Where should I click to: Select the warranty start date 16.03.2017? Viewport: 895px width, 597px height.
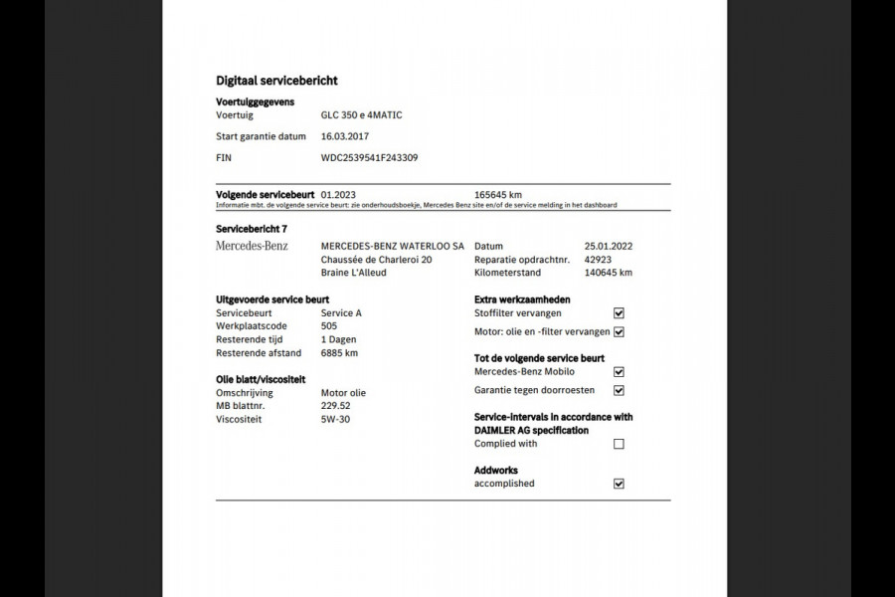(x=344, y=136)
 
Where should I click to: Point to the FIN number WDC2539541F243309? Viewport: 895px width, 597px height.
(x=369, y=157)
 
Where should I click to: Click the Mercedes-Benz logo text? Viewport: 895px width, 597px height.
(x=252, y=246)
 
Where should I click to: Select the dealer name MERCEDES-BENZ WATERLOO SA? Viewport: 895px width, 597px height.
(x=393, y=246)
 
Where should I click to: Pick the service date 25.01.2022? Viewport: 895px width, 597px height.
(x=608, y=246)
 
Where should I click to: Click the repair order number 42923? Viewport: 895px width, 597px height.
(x=597, y=260)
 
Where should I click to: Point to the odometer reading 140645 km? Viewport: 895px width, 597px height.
(x=609, y=273)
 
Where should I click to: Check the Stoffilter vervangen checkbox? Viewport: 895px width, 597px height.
(x=619, y=313)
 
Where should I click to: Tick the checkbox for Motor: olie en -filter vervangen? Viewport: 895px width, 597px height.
(x=619, y=332)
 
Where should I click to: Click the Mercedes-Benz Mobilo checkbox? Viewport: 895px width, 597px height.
(x=619, y=372)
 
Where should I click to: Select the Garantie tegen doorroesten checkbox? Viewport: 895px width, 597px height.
(x=619, y=391)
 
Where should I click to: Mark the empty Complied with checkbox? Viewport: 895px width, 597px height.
(x=619, y=445)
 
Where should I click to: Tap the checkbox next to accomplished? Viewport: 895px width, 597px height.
(x=619, y=485)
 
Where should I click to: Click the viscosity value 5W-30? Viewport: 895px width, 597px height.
(x=335, y=420)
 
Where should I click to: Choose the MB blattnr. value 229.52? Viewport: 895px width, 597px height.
(x=335, y=406)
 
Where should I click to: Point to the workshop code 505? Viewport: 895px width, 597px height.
(x=329, y=326)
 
